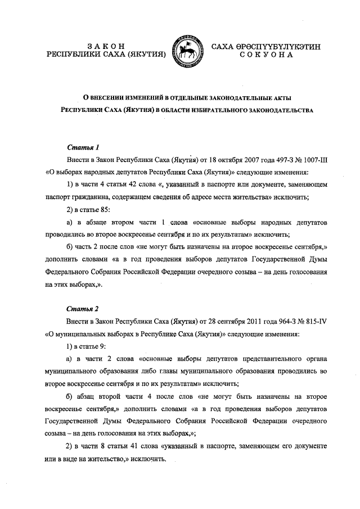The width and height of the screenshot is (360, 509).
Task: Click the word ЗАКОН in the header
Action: [106, 46]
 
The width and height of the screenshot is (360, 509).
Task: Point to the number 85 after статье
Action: [106, 210]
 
